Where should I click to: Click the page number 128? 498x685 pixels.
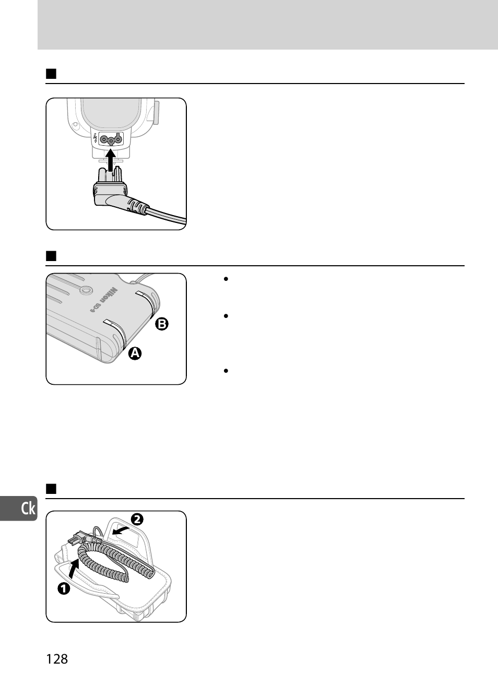57,659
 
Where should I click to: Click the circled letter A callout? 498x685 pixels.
135,353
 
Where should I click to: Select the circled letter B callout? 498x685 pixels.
161,324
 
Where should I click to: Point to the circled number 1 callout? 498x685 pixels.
63,588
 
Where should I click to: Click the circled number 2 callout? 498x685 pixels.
137,519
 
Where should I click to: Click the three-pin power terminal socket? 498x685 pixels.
110,139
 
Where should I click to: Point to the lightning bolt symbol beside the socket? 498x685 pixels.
94,139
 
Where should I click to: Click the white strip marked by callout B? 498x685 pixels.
145,298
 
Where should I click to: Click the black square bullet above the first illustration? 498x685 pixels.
51,73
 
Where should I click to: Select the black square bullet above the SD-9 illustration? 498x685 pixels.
51,256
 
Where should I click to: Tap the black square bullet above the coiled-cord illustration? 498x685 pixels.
51,489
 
